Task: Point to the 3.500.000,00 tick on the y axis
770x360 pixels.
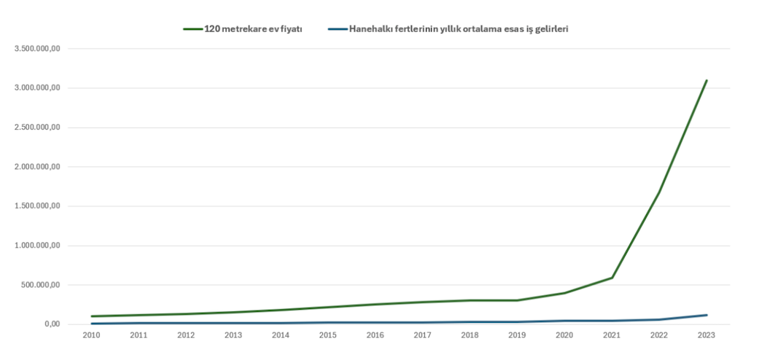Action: pyautogui.click(x=36, y=49)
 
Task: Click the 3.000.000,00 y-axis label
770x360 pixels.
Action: pyautogui.click(x=36, y=88)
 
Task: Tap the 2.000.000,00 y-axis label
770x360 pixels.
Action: pyautogui.click(x=36, y=167)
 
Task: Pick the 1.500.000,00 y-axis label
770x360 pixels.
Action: pyautogui.click(x=36, y=206)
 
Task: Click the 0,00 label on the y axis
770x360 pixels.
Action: pyautogui.click(x=51, y=324)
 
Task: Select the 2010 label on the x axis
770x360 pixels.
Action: pyautogui.click(x=92, y=335)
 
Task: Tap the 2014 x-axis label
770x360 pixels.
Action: pyautogui.click(x=280, y=335)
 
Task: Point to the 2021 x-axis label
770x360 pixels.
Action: pyautogui.click(x=611, y=335)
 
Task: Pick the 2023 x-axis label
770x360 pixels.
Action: pyautogui.click(x=706, y=335)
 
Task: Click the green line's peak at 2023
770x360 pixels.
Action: pyautogui.click(x=707, y=80)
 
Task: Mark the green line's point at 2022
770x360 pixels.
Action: pyautogui.click(x=659, y=192)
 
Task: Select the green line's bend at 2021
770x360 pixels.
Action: pyautogui.click(x=612, y=278)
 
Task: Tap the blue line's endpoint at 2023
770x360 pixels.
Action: pyautogui.click(x=707, y=315)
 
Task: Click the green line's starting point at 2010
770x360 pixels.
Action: pyautogui.click(x=92, y=316)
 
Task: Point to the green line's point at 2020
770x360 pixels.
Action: pyautogui.click(x=564, y=293)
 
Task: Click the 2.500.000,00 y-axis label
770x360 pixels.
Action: pyautogui.click(x=36, y=128)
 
